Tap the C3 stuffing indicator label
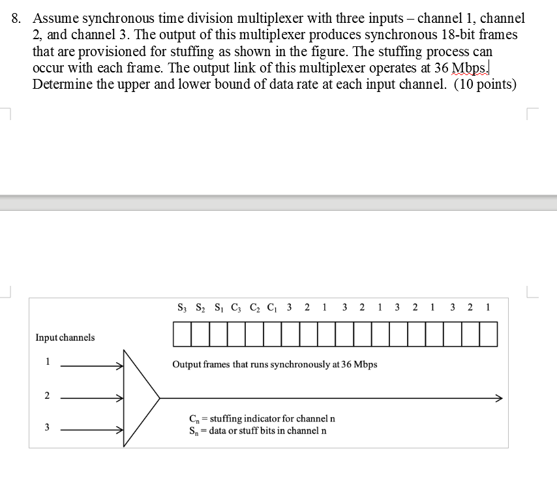pos(234,307)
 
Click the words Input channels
pos(65,337)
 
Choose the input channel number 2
pos(47,396)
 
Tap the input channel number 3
pos(47,427)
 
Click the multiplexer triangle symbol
pos(138,397)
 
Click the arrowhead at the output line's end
pos(498,398)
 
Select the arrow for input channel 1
pos(91,367)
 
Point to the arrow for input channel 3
pos(91,430)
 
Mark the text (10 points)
pos(483,85)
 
